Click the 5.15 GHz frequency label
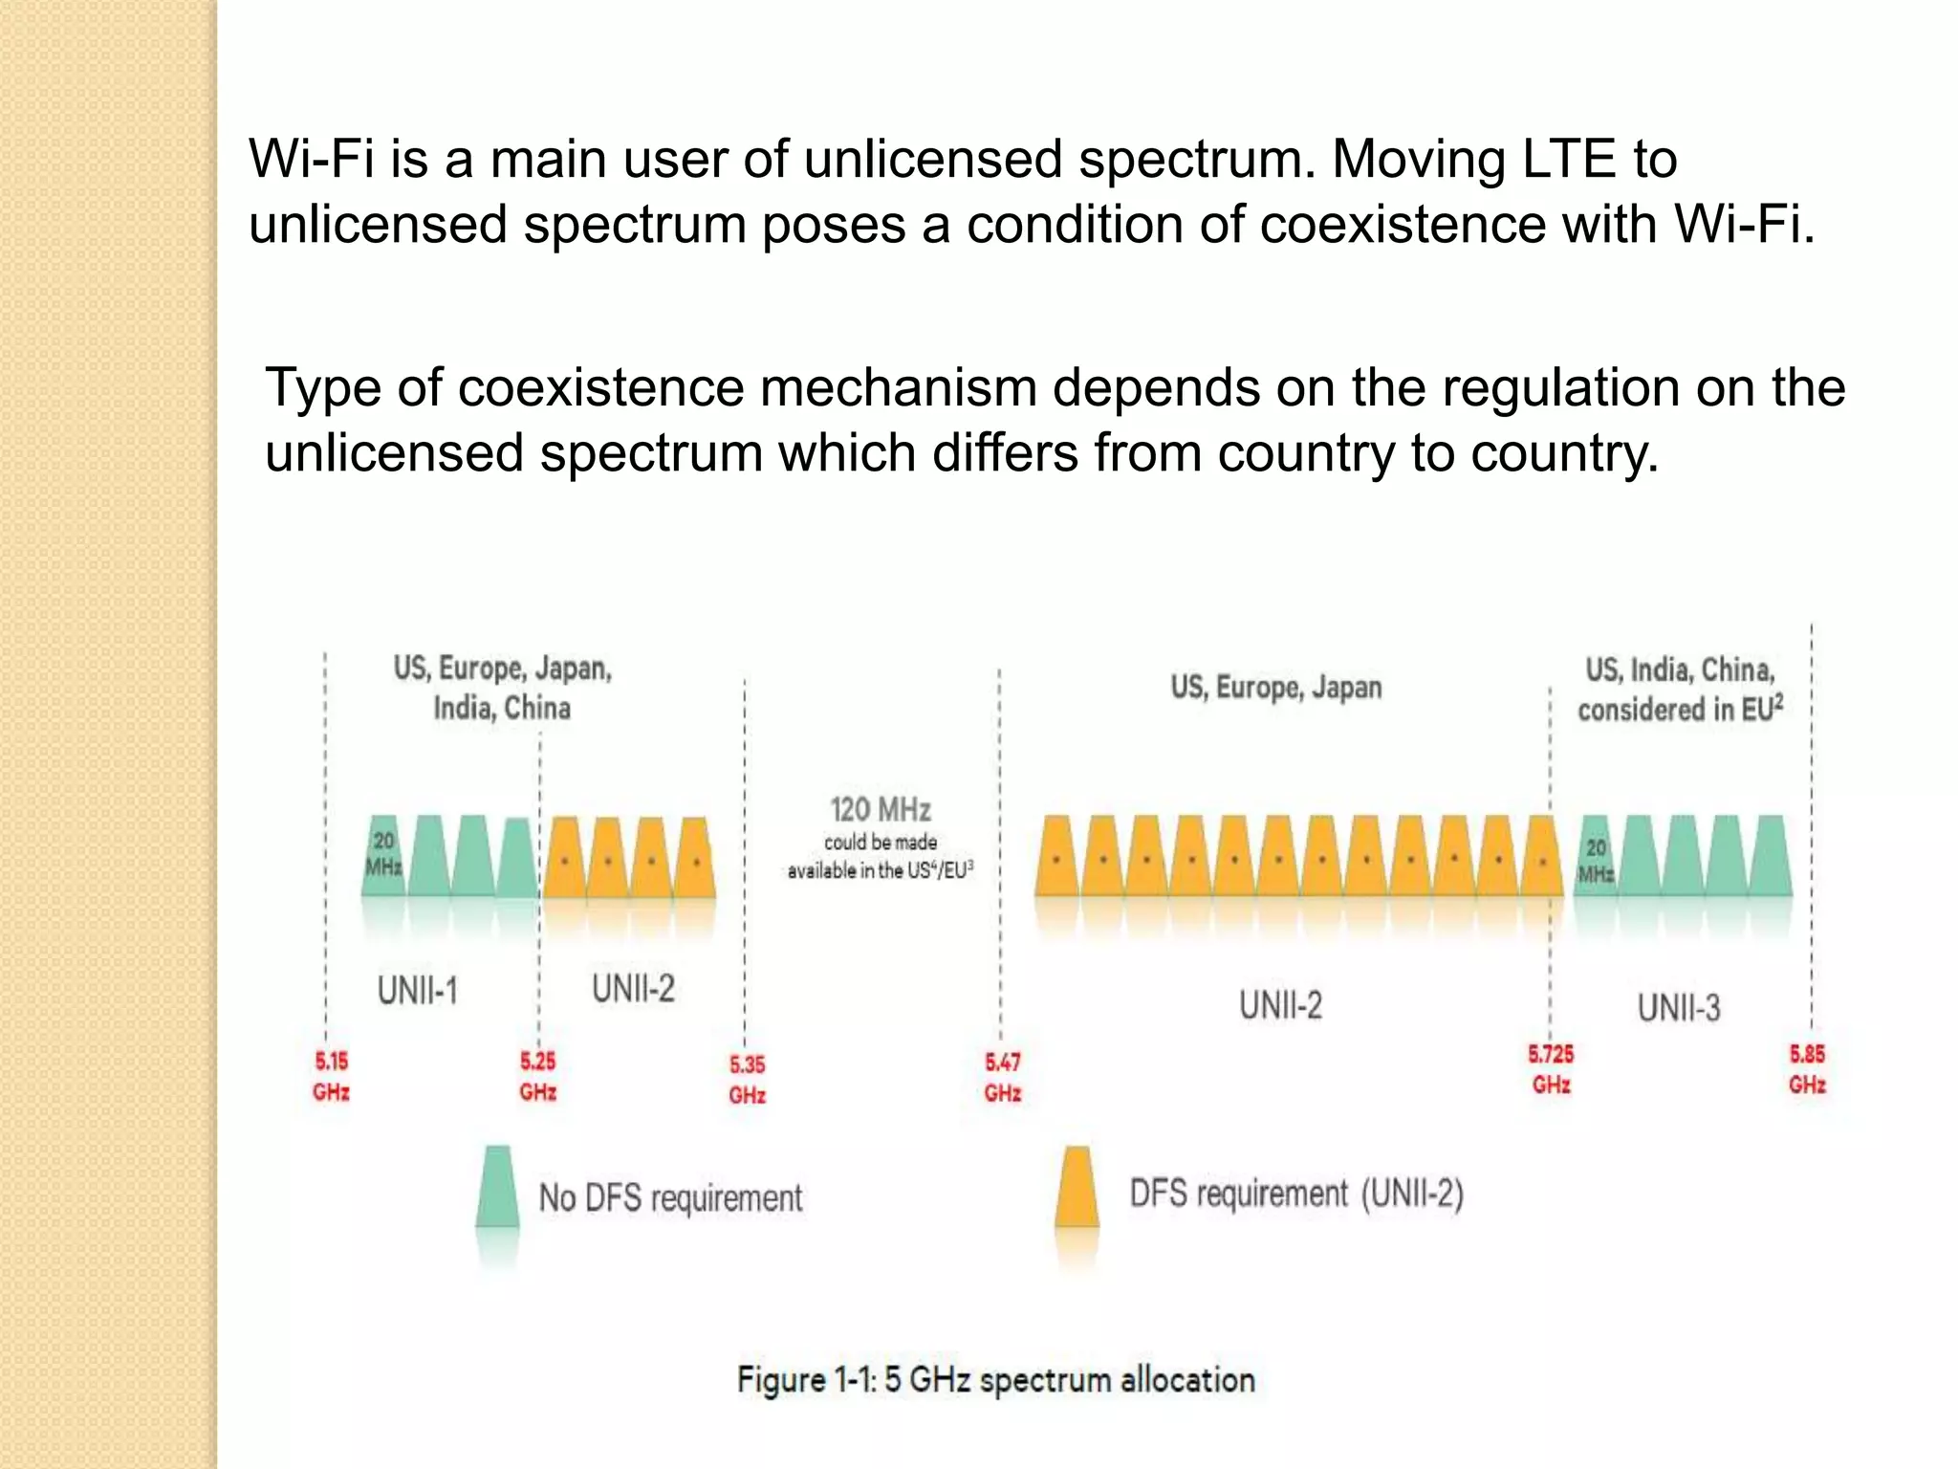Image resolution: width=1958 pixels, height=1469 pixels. [x=331, y=1076]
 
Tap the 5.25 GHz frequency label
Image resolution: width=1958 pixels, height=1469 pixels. [x=537, y=1076]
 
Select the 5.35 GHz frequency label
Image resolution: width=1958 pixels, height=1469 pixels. [x=747, y=1079]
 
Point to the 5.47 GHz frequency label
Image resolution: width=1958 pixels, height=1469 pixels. [x=1003, y=1077]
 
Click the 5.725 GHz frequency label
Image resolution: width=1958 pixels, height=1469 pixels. [x=1551, y=1069]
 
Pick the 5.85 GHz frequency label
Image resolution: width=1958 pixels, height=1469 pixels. [x=1807, y=1069]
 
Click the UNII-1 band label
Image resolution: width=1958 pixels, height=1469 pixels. [x=418, y=991]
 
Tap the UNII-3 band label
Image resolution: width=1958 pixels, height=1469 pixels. [x=1679, y=1008]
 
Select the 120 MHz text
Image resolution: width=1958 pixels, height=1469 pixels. [x=881, y=810]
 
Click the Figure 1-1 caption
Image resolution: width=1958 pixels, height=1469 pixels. [x=995, y=1380]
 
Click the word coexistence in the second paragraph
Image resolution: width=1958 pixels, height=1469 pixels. [x=601, y=388]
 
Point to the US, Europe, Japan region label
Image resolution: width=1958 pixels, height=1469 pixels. [x=1276, y=688]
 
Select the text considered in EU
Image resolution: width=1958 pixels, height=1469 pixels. [x=1680, y=710]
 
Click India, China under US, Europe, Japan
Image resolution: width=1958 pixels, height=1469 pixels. [x=502, y=709]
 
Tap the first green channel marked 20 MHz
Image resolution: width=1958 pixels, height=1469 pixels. [x=383, y=856]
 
